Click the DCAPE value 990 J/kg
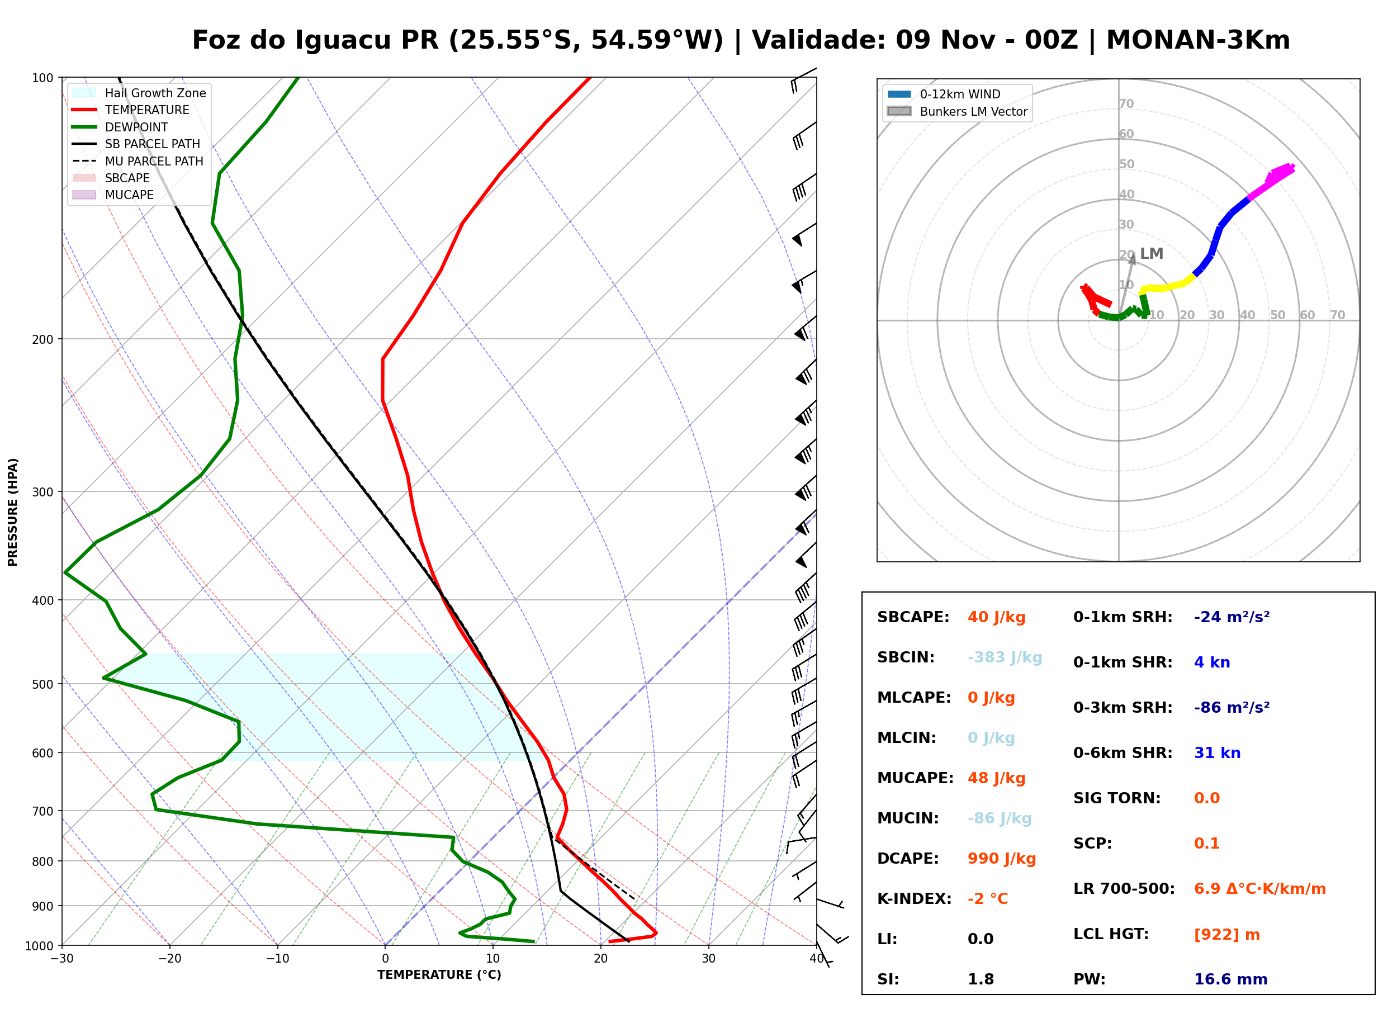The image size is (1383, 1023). tap(1001, 858)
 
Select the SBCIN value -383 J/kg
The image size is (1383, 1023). tap(1004, 657)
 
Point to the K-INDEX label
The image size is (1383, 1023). tap(914, 898)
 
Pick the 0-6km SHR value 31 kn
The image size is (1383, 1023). tap(1217, 753)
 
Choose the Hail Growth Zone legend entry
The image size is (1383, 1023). tap(139, 93)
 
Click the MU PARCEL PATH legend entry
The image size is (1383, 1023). tap(138, 161)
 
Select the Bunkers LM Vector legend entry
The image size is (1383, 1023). tap(957, 111)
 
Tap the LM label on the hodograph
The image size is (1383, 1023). tap(1152, 253)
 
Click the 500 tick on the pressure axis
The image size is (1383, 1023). tap(42, 684)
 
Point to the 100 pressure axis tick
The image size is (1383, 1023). tap(42, 77)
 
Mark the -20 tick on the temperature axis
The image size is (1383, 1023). tap(169, 959)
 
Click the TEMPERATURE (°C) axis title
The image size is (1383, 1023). tap(439, 975)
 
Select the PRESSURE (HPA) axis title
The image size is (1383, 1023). tap(13, 512)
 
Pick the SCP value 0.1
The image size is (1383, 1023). tap(1206, 844)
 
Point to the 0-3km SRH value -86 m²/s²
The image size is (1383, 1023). tap(1232, 707)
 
